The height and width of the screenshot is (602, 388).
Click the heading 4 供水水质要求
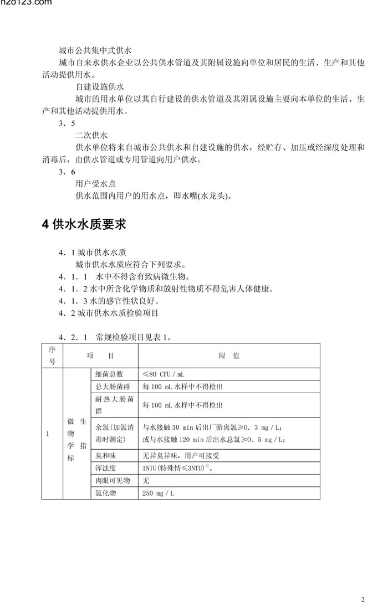pos(84,224)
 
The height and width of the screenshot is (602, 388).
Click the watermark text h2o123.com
pos(25,3)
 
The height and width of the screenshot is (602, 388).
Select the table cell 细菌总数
pos(109,374)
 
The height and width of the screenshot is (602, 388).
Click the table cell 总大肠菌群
pos(113,387)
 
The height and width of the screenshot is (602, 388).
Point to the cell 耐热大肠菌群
pos(114,405)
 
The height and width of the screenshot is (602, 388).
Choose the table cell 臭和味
pos(106,455)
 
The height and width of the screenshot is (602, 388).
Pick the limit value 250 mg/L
pos(158,493)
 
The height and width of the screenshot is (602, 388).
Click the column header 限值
pos(229,356)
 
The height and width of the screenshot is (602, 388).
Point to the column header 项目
pos(100,356)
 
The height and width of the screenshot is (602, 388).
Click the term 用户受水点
pos(96,183)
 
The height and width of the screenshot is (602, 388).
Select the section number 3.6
pos(67,172)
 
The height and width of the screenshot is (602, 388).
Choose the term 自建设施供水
pos(100,87)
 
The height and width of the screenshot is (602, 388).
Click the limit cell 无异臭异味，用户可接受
pos(181,455)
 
